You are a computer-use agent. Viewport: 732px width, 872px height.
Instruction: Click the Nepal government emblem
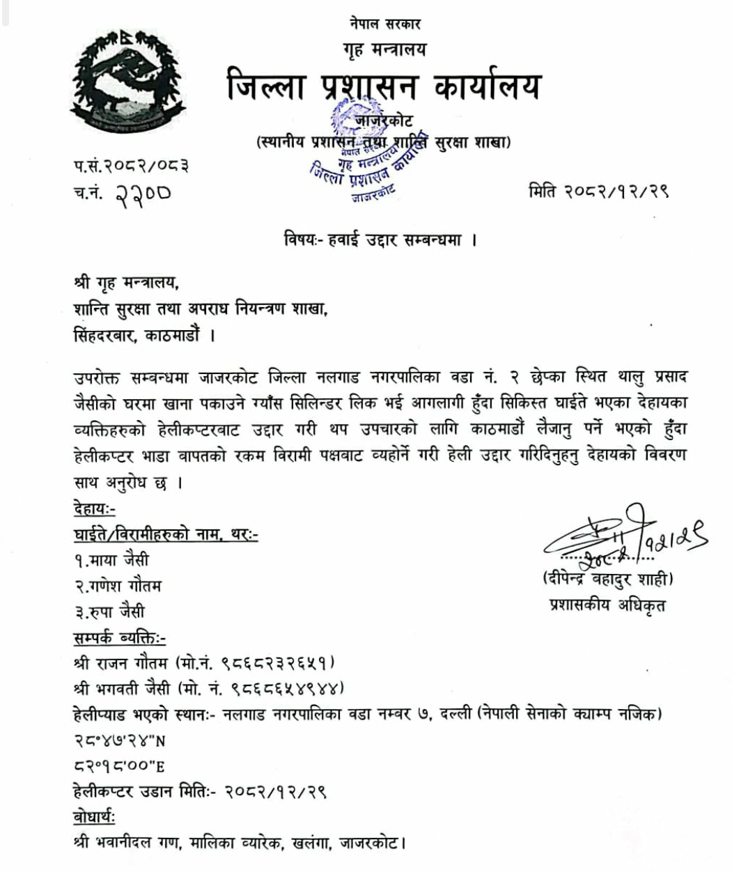[x=119, y=86]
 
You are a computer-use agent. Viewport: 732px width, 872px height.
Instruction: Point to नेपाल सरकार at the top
[x=385, y=24]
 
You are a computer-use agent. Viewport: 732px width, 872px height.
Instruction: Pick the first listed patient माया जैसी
[x=112, y=560]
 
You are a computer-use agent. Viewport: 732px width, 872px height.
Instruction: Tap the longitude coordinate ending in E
[x=118, y=766]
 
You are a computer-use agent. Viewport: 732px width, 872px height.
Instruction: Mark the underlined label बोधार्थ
[x=94, y=816]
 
